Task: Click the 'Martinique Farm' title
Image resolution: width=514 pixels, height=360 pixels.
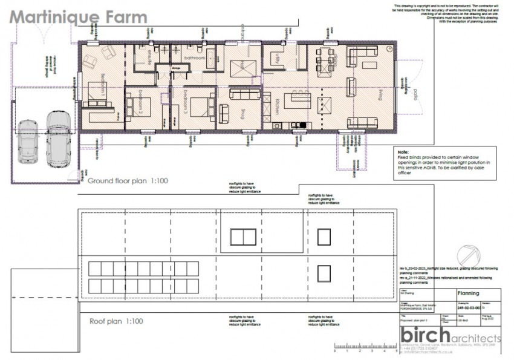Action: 78,16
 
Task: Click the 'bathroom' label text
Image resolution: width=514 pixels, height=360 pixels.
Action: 195,58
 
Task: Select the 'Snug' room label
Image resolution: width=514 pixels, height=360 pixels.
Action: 243,113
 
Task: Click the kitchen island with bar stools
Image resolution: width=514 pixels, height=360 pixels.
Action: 297,99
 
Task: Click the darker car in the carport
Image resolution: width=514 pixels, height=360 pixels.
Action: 28,139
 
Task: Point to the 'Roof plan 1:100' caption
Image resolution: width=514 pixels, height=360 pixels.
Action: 116,321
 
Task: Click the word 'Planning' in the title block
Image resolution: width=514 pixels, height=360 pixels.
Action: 466,293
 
